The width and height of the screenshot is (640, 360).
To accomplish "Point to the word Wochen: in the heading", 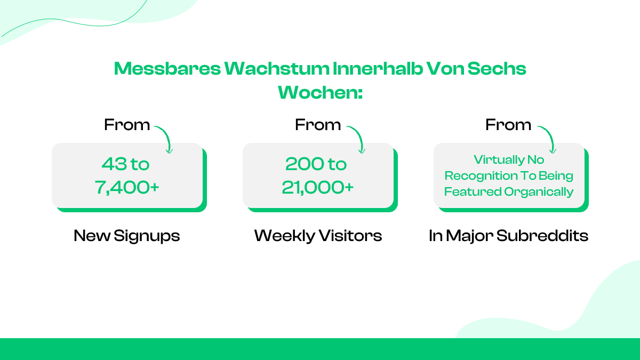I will [x=320, y=92].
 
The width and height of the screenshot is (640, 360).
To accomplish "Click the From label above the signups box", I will [x=127, y=125].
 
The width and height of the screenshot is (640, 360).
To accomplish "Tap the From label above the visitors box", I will [x=318, y=125].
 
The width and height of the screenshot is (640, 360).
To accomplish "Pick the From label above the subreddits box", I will [x=508, y=125].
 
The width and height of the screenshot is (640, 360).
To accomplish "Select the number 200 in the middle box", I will [x=303, y=164].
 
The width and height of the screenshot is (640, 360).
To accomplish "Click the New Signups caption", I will [x=127, y=236].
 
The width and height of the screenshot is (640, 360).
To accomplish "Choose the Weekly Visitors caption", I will [x=318, y=236].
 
